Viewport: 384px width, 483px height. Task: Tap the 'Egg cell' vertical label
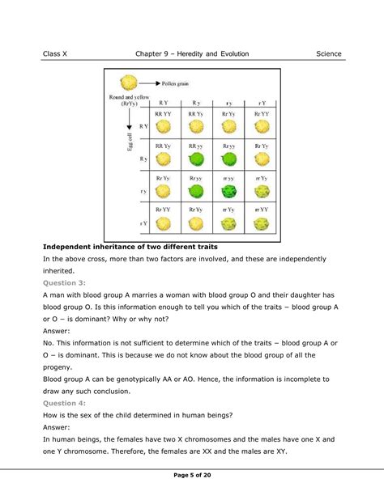(117, 142)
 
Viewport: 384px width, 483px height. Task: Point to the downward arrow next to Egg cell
(127, 129)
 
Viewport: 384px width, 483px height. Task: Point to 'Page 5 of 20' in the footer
(192, 473)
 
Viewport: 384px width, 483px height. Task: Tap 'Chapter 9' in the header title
(156, 54)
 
